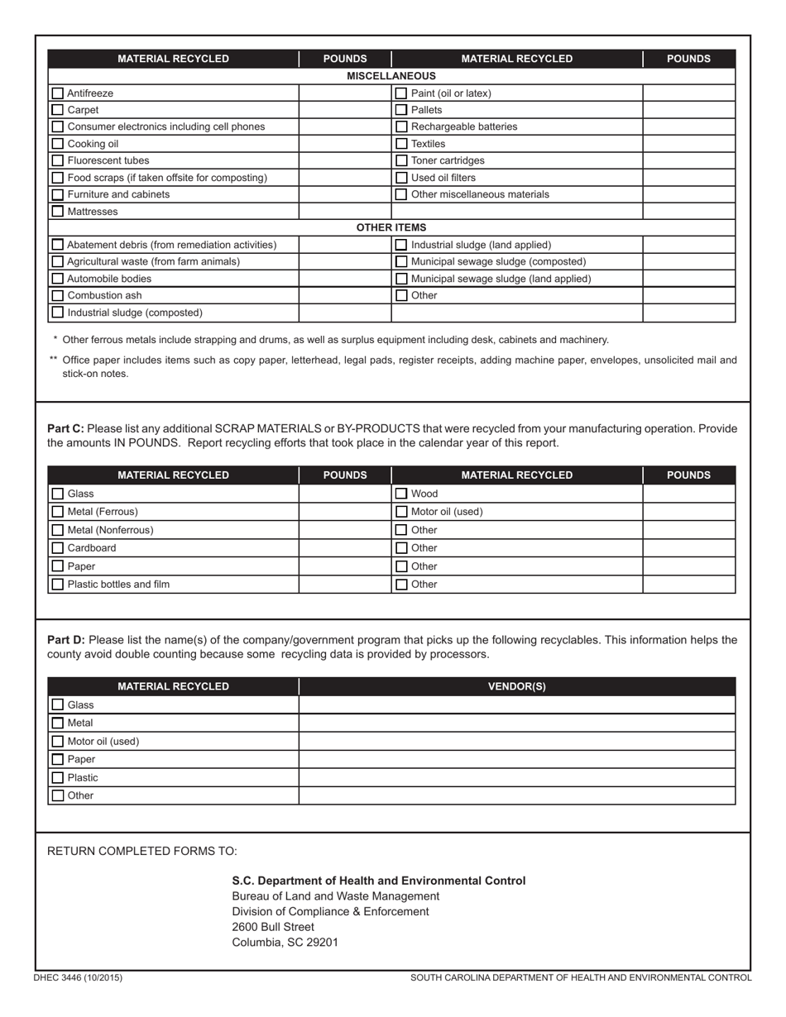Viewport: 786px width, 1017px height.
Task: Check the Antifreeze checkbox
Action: coord(58,93)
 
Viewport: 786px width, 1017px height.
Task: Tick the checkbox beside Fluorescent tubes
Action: coord(58,160)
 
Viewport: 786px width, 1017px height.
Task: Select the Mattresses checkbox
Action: coord(58,212)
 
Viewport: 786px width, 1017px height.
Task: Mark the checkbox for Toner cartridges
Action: coord(401,160)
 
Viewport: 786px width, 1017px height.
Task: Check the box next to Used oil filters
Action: coord(401,178)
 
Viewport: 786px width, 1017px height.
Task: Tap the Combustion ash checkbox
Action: coord(58,295)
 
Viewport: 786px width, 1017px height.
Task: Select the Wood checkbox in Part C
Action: coord(401,494)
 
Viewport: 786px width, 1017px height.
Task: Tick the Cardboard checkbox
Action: coord(58,548)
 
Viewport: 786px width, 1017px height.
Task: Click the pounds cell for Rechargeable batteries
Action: coord(688,127)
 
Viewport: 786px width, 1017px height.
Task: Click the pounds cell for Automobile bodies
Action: coord(344,279)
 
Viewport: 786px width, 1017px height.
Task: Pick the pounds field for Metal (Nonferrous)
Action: coord(344,530)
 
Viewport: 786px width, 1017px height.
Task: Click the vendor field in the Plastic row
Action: coord(516,777)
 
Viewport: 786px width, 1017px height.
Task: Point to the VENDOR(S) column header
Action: coord(516,686)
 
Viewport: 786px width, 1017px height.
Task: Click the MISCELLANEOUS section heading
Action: coord(391,76)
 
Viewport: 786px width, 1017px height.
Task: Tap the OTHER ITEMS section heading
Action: coord(391,227)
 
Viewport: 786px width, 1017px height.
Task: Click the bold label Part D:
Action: coord(66,640)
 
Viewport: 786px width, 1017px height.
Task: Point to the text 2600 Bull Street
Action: coord(273,927)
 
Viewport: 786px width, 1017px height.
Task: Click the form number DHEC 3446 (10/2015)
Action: coord(78,978)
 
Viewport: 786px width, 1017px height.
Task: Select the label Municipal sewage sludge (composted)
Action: coord(498,261)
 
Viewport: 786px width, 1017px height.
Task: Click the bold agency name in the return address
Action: coord(378,881)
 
